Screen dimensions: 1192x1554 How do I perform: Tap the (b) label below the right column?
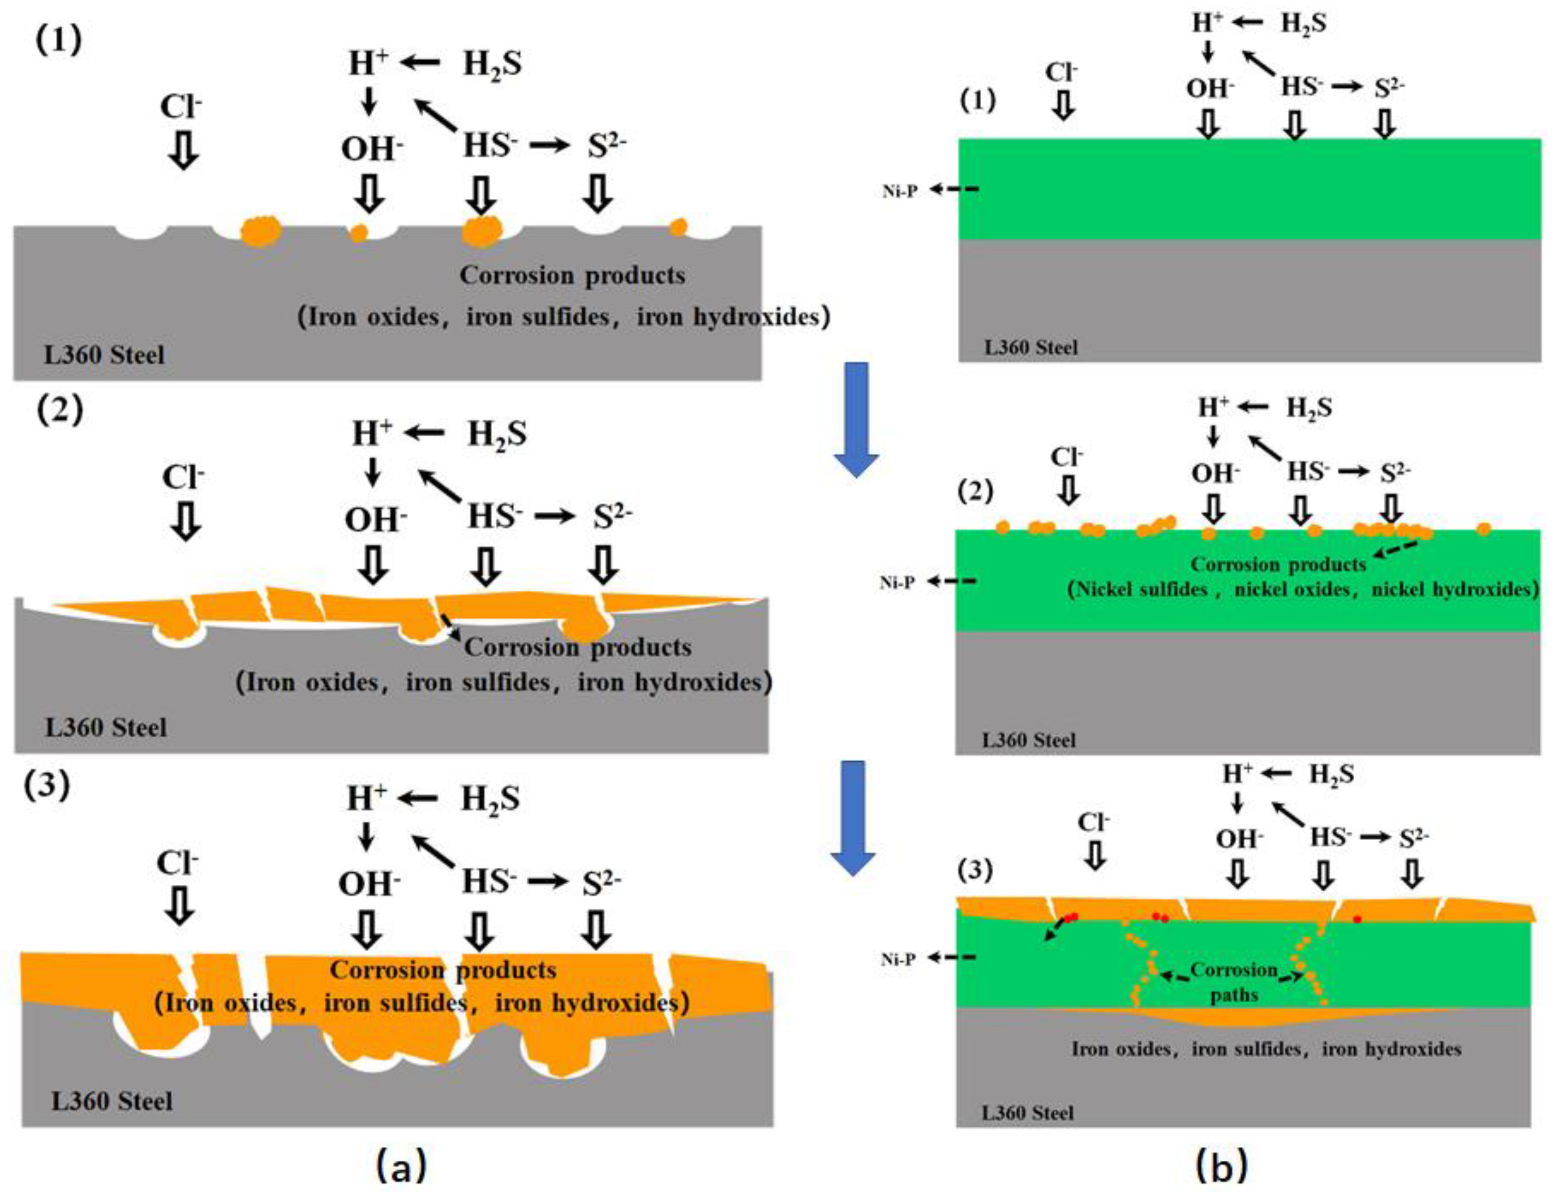click(1220, 1165)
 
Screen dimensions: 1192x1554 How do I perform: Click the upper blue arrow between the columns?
click(856, 419)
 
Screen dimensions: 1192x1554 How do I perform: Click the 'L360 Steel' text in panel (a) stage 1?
click(104, 355)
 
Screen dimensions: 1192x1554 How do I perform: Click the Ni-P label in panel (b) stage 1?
click(899, 191)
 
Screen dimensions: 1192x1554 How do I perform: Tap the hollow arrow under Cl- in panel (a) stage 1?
click(184, 151)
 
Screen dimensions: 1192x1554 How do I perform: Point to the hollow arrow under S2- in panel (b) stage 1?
click(1384, 124)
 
